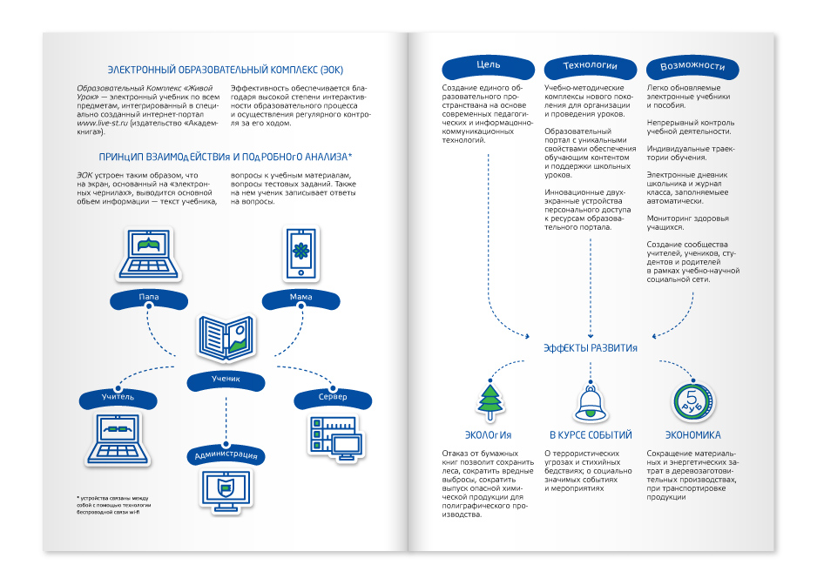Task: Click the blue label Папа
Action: coord(148,299)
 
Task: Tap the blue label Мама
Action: coord(300,299)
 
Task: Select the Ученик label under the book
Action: coord(226,380)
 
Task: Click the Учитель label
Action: coord(118,399)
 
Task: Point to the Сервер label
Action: coord(333,399)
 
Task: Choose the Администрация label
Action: coord(226,454)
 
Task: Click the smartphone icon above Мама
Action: coord(301,254)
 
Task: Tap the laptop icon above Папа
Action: coord(148,254)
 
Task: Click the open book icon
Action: coord(226,338)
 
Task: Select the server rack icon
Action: coord(336,438)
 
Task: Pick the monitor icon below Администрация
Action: coord(226,491)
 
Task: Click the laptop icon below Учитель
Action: coord(118,439)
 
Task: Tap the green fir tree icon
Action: coord(490,401)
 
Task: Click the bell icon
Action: coord(591,403)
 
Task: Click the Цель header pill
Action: coord(489,66)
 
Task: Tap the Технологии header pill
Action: coord(591,67)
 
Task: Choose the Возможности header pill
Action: coord(692,67)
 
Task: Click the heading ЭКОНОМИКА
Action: coord(693,435)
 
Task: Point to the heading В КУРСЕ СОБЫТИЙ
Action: coord(591,435)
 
